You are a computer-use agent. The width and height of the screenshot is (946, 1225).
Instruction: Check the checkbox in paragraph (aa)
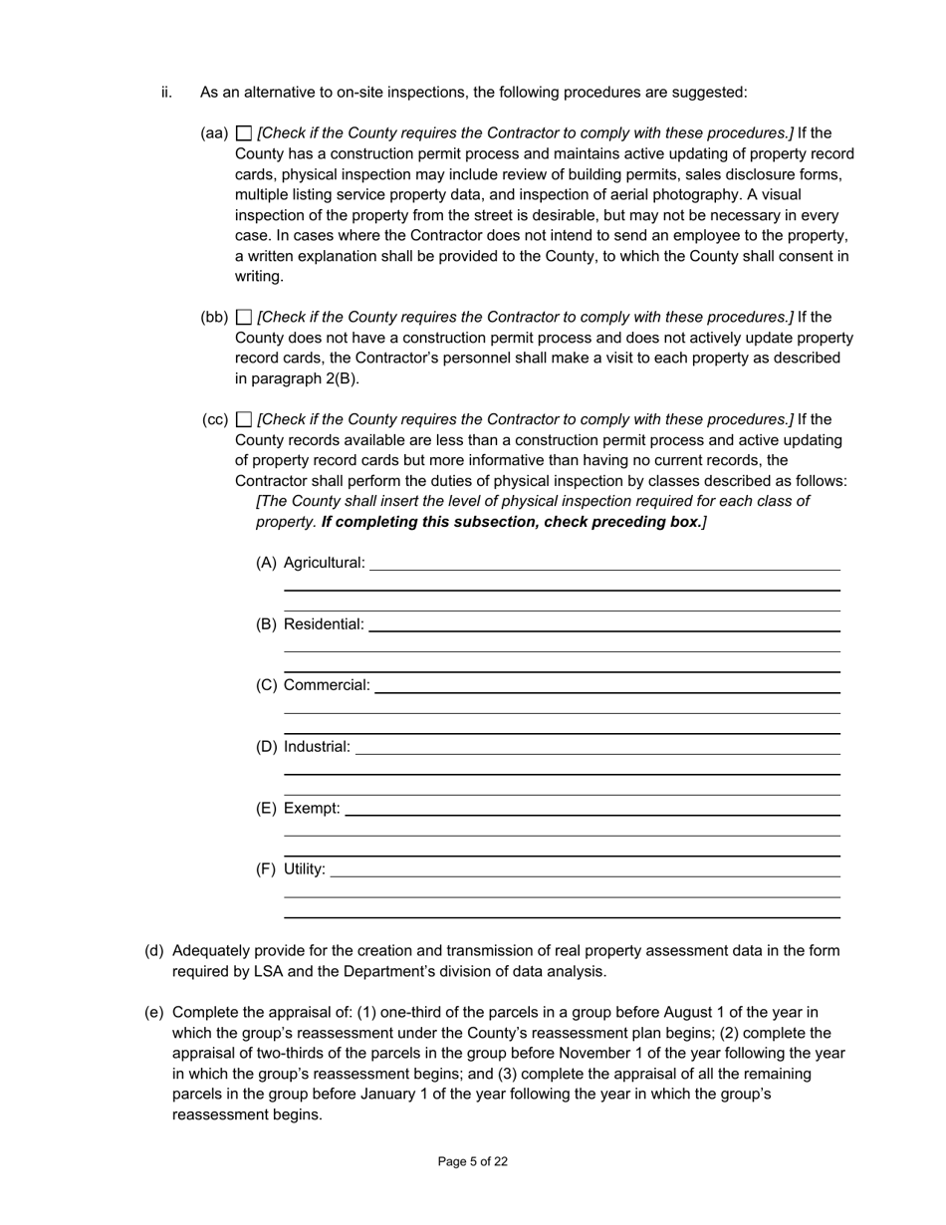244,133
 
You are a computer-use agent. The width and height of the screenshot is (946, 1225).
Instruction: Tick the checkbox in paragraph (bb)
244,318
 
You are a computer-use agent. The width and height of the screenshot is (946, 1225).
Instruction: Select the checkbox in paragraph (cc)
244,420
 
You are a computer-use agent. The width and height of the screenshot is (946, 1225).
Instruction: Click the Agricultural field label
325,563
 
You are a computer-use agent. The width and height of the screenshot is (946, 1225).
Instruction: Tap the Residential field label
324,624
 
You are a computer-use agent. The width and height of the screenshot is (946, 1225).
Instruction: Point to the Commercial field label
327,685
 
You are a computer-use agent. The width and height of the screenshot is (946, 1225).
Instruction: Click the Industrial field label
317,747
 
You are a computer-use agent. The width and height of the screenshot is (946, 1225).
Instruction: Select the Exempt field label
312,808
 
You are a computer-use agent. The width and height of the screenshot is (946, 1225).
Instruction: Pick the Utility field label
305,869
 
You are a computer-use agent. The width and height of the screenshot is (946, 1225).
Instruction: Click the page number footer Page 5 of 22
473,1161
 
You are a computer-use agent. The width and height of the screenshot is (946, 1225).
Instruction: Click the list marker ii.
166,93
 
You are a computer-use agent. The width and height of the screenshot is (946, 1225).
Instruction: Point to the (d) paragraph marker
154,951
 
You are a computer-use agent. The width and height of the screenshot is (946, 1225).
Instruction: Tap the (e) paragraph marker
154,1013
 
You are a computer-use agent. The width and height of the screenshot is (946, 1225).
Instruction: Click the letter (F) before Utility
266,869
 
